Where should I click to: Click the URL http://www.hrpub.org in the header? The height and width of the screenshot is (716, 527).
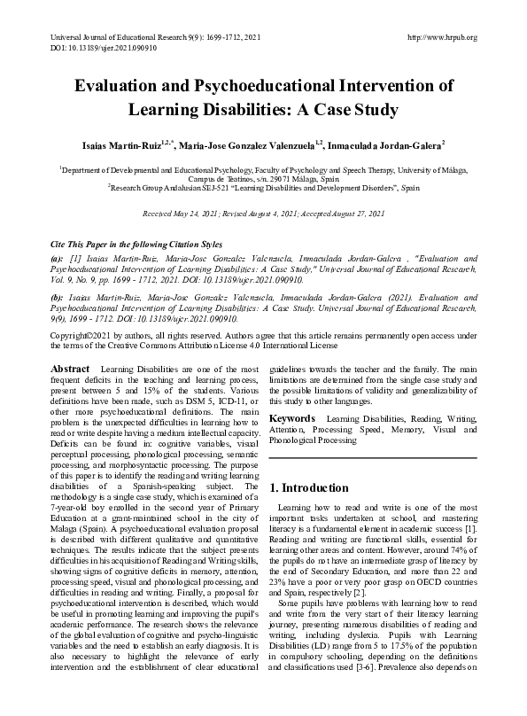tap(440, 37)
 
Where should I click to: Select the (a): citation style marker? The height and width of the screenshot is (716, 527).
tap(57, 257)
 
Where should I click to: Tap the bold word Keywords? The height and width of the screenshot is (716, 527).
tap(293, 416)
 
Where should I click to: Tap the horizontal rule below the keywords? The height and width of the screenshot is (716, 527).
tap(372, 457)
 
